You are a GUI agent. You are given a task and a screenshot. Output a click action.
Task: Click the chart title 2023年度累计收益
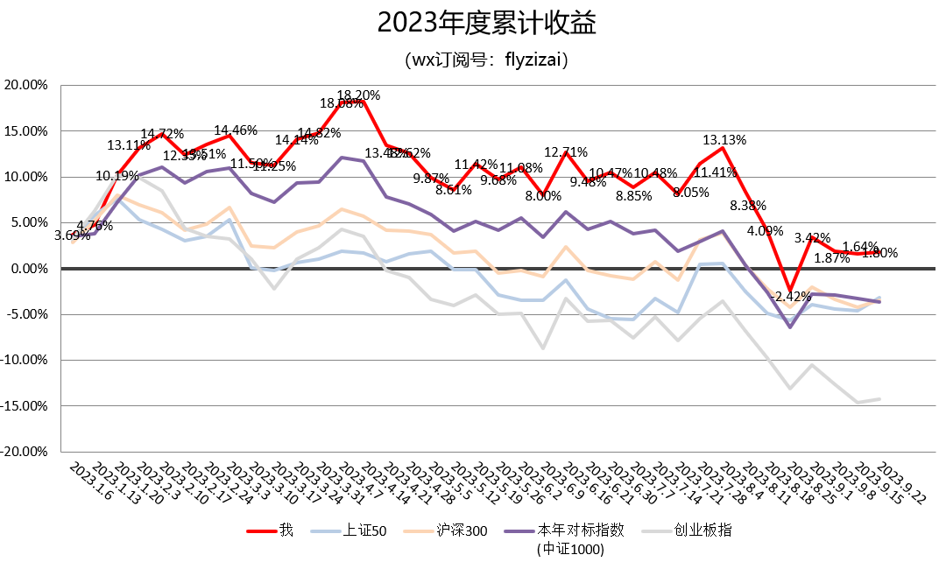pos(486,23)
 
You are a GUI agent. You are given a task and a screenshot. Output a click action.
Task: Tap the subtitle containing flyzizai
pos(487,60)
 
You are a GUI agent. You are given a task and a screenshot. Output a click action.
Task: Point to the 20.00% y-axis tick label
pos(26,86)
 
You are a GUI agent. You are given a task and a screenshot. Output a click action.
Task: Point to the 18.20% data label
pos(359,95)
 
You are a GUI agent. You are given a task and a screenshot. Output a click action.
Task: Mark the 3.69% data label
pos(72,235)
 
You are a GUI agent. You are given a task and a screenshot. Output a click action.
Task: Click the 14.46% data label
pos(236,130)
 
